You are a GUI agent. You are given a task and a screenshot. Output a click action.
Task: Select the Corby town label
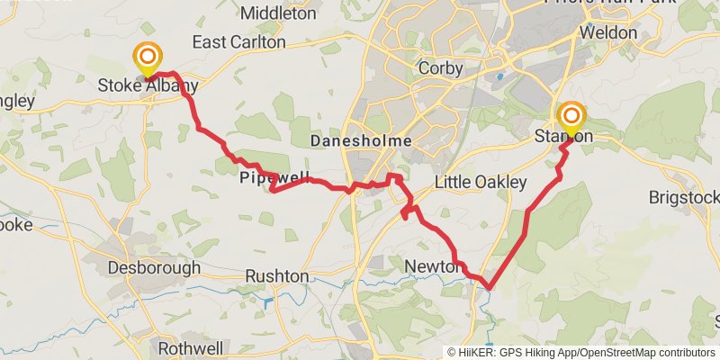tap(441, 68)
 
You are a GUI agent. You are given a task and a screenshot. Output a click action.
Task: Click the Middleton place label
tap(279, 13)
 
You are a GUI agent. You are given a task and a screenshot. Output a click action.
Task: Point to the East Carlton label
tap(238, 42)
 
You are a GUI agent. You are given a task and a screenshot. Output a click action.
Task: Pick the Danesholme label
tap(361, 141)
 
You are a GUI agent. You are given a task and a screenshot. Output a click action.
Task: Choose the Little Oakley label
tap(481, 183)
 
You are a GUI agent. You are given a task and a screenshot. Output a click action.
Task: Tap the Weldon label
tap(608, 32)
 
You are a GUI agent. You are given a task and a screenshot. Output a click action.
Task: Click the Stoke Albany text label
tap(148, 87)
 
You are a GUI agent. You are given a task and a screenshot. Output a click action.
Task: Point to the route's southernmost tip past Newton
tap(489, 288)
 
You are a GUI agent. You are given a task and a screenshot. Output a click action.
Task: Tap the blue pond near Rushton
tap(267, 301)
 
